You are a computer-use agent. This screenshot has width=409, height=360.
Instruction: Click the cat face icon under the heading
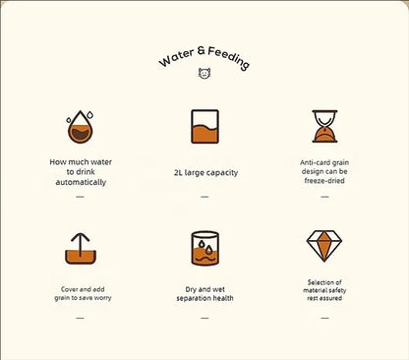click(204, 73)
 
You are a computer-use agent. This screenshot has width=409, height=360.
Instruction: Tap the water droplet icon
click(80, 127)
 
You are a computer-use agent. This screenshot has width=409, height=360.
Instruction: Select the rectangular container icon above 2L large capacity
click(204, 127)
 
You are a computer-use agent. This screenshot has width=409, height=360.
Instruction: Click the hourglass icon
click(324, 126)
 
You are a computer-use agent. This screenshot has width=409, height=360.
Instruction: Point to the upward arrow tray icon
click(81, 249)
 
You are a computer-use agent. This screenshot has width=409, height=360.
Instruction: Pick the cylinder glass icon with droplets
click(204, 248)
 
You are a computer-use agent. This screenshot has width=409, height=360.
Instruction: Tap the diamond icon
click(324, 246)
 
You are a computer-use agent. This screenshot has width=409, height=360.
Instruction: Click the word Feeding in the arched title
click(229, 58)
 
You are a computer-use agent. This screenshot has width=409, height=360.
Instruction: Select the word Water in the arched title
click(176, 58)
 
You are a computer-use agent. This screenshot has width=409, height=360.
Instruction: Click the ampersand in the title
click(202, 50)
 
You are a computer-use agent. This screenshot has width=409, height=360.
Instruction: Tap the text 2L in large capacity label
click(178, 172)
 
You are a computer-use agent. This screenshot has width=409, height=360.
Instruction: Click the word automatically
click(81, 182)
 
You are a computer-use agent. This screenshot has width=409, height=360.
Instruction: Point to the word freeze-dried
click(324, 180)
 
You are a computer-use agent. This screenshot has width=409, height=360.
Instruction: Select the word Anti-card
click(311, 162)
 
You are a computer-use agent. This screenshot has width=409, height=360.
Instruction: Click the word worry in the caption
click(102, 298)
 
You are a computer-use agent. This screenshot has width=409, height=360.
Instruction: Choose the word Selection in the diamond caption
click(321, 282)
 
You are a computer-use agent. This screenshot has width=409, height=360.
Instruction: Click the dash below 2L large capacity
click(204, 197)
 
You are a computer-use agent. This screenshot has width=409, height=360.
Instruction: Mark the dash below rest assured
click(324, 318)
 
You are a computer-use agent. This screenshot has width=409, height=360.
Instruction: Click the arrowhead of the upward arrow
click(81, 237)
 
